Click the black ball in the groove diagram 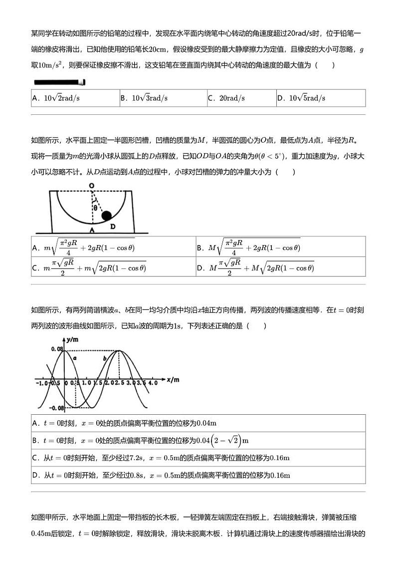point(106,216)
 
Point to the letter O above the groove point(91,186)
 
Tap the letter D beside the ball point(113,226)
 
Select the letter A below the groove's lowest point point(91,230)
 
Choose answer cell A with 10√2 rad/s point(75,98)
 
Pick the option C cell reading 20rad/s point(241,98)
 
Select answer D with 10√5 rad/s point(321,98)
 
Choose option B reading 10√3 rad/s point(163,98)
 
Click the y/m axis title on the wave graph point(73,340)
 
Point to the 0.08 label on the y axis point(56,350)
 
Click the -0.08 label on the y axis point(57,408)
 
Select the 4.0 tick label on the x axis point(153,383)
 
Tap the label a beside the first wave point(74,358)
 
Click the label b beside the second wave point(105,358)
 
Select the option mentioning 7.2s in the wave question point(198,458)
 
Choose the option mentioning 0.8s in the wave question point(198,475)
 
